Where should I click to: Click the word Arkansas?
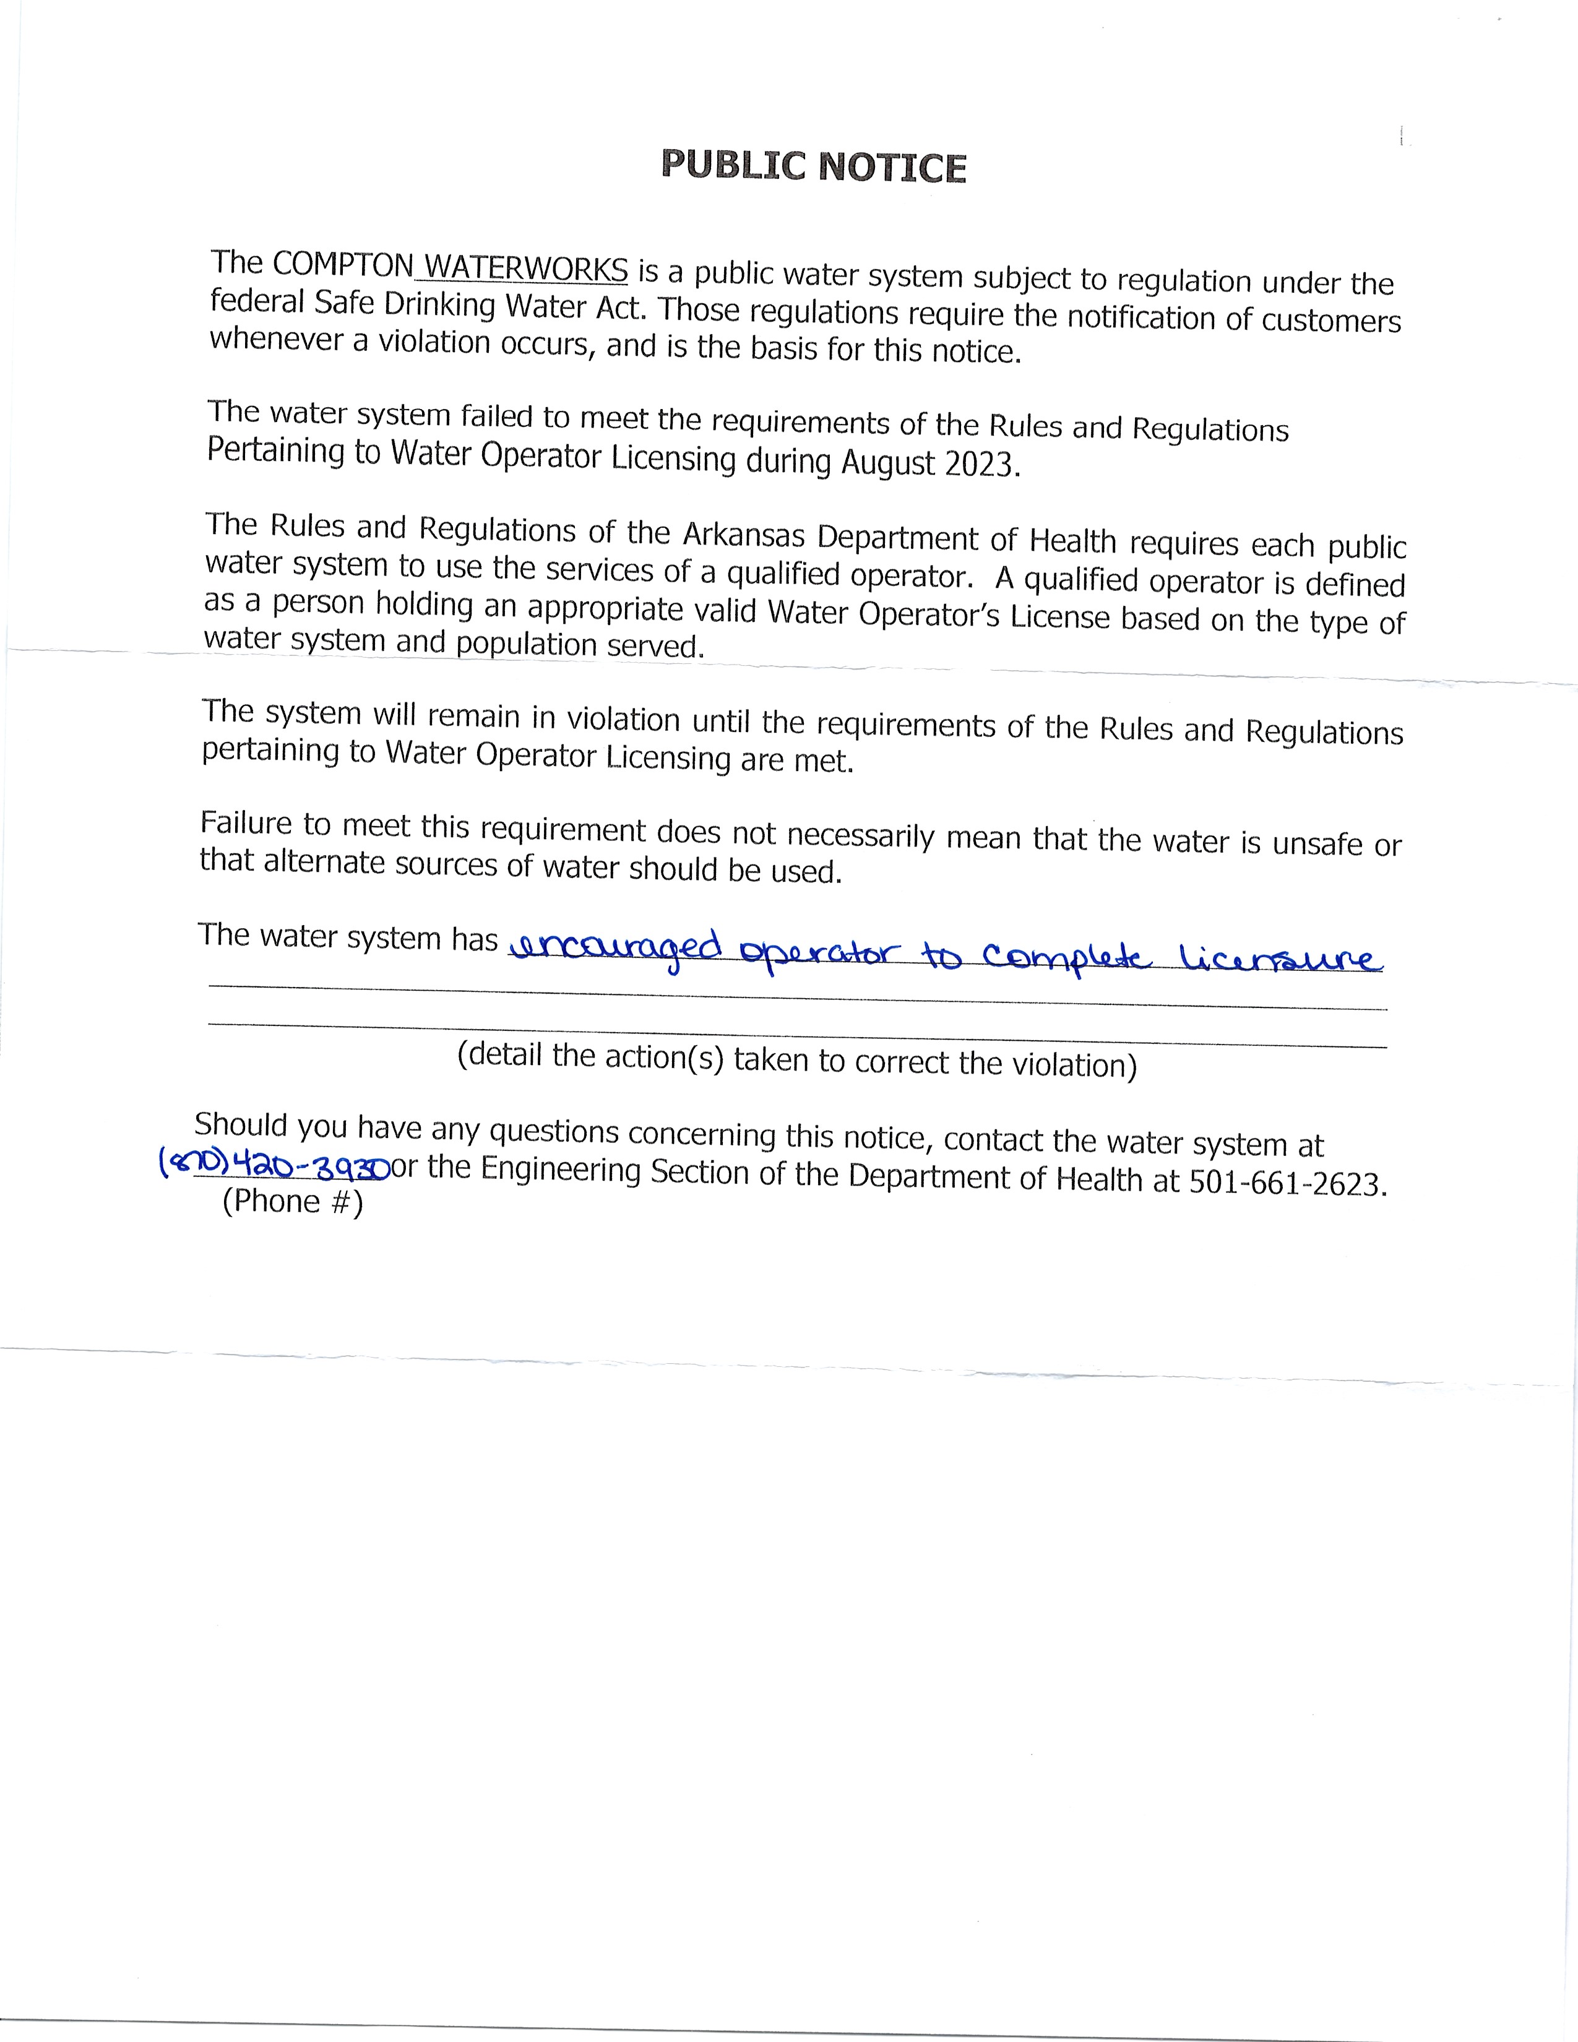coord(744,535)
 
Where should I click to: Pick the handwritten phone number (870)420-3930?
coord(274,1165)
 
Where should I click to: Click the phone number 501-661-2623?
coord(1287,1184)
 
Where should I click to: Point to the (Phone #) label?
coord(293,1202)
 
